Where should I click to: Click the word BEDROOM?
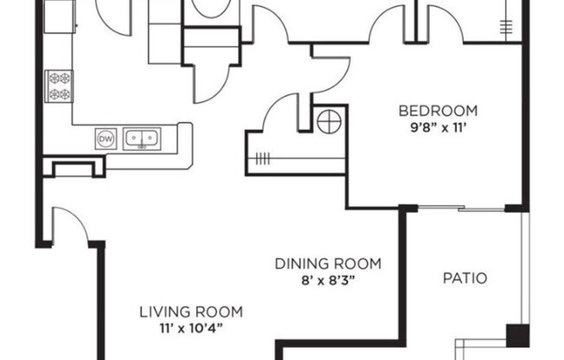(438, 111)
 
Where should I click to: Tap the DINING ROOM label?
(328, 264)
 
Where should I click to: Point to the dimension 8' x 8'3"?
(328, 279)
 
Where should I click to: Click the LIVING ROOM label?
(190, 312)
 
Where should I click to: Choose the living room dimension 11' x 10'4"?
(190, 327)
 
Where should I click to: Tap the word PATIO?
(465, 279)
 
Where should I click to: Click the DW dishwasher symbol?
(106, 138)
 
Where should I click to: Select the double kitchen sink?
(141, 138)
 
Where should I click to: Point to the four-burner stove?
(60, 86)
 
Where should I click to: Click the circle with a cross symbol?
(329, 122)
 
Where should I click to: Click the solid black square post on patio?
(517, 334)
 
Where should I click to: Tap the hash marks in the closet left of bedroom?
(263, 158)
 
